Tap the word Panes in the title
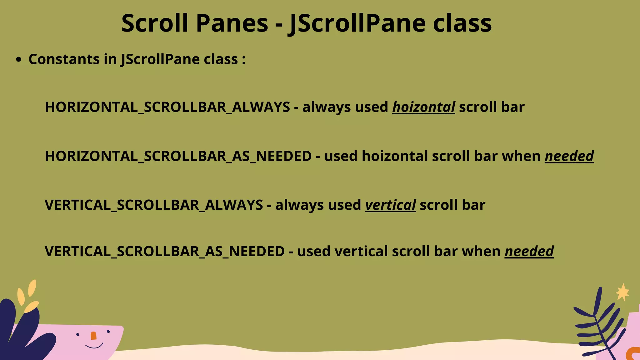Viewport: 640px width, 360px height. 232,23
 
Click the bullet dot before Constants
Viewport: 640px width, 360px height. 19,59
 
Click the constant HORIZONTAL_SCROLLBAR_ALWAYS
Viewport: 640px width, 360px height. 167,107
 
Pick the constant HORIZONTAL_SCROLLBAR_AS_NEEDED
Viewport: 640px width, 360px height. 178,156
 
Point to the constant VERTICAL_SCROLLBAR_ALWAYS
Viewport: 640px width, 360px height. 154,205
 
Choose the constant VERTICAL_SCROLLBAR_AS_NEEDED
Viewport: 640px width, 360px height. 165,252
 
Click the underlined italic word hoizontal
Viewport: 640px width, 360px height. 423,107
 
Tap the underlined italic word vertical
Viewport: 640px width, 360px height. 390,205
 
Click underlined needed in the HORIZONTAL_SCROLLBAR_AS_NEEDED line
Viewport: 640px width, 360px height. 569,156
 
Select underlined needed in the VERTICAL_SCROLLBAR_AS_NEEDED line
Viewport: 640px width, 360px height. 529,252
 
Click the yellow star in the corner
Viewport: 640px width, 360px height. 622,292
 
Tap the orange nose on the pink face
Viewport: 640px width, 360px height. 93,336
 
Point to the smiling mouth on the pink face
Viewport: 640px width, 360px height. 94,346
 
